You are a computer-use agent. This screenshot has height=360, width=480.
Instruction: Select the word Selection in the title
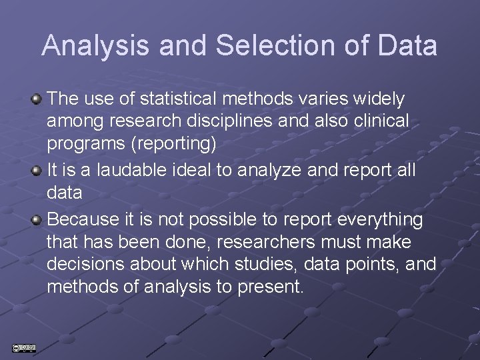click(257, 46)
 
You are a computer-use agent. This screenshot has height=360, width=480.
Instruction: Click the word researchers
click(278, 242)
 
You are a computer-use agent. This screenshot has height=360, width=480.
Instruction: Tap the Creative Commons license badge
click(23, 348)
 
